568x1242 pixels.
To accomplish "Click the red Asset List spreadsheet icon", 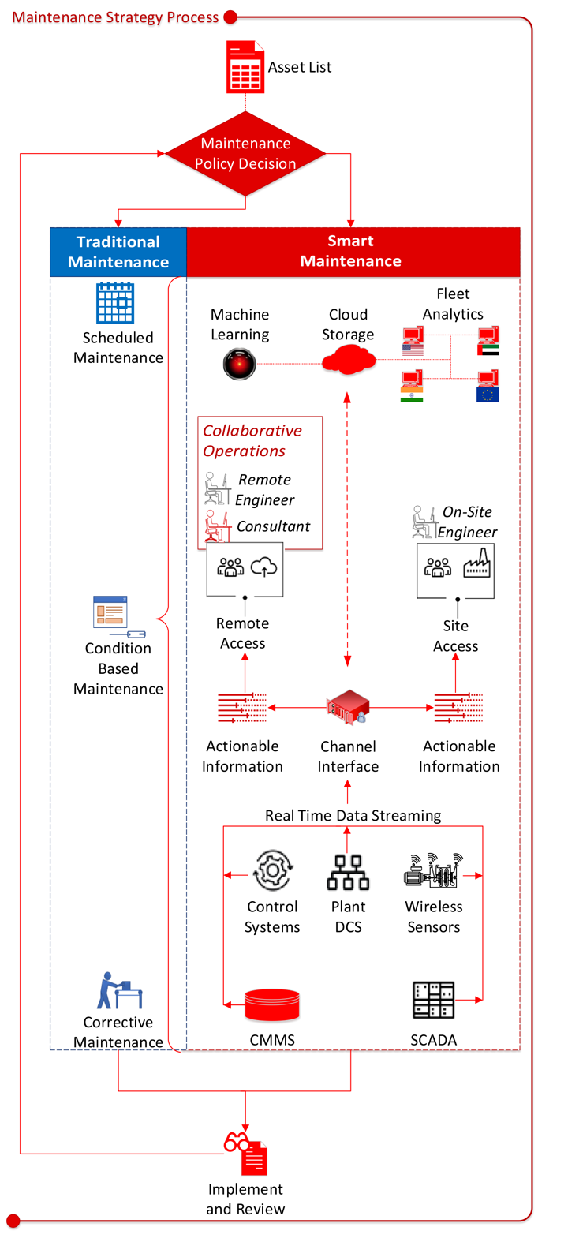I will click(245, 68).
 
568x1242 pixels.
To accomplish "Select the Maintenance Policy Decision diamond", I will click(245, 154).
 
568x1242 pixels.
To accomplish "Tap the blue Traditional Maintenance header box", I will click(118, 252).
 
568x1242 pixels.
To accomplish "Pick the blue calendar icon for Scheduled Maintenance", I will click(115, 303).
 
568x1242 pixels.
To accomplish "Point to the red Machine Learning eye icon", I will click(239, 364).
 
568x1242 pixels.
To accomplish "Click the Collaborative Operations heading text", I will click(252, 440).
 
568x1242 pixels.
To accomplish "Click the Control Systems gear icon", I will click(272, 870).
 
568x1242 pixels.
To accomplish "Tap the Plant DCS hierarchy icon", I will click(348, 872).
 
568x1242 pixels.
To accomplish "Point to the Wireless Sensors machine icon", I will click(433, 871).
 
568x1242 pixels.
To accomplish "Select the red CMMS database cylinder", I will click(272, 1004).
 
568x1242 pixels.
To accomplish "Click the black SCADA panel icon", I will click(433, 1000).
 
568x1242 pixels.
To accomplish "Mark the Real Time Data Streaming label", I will click(353, 815).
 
